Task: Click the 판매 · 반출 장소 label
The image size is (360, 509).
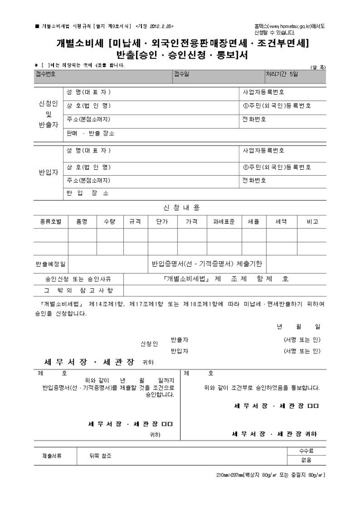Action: [90, 133]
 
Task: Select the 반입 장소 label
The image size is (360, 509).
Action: [87, 193]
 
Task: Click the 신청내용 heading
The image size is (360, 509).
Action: [181, 207]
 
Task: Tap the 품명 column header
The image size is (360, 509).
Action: [82, 222]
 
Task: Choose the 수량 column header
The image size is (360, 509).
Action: [110, 222]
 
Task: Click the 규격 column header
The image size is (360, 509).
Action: [135, 222]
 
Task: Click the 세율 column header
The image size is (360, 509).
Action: [254, 222]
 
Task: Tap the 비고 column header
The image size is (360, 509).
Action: [312, 222]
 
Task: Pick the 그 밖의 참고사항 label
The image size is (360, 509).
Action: [78, 290]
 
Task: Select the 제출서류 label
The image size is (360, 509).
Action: [52, 456]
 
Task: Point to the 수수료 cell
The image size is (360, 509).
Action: [306, 451]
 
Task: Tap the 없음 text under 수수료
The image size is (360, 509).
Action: [306, 460]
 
